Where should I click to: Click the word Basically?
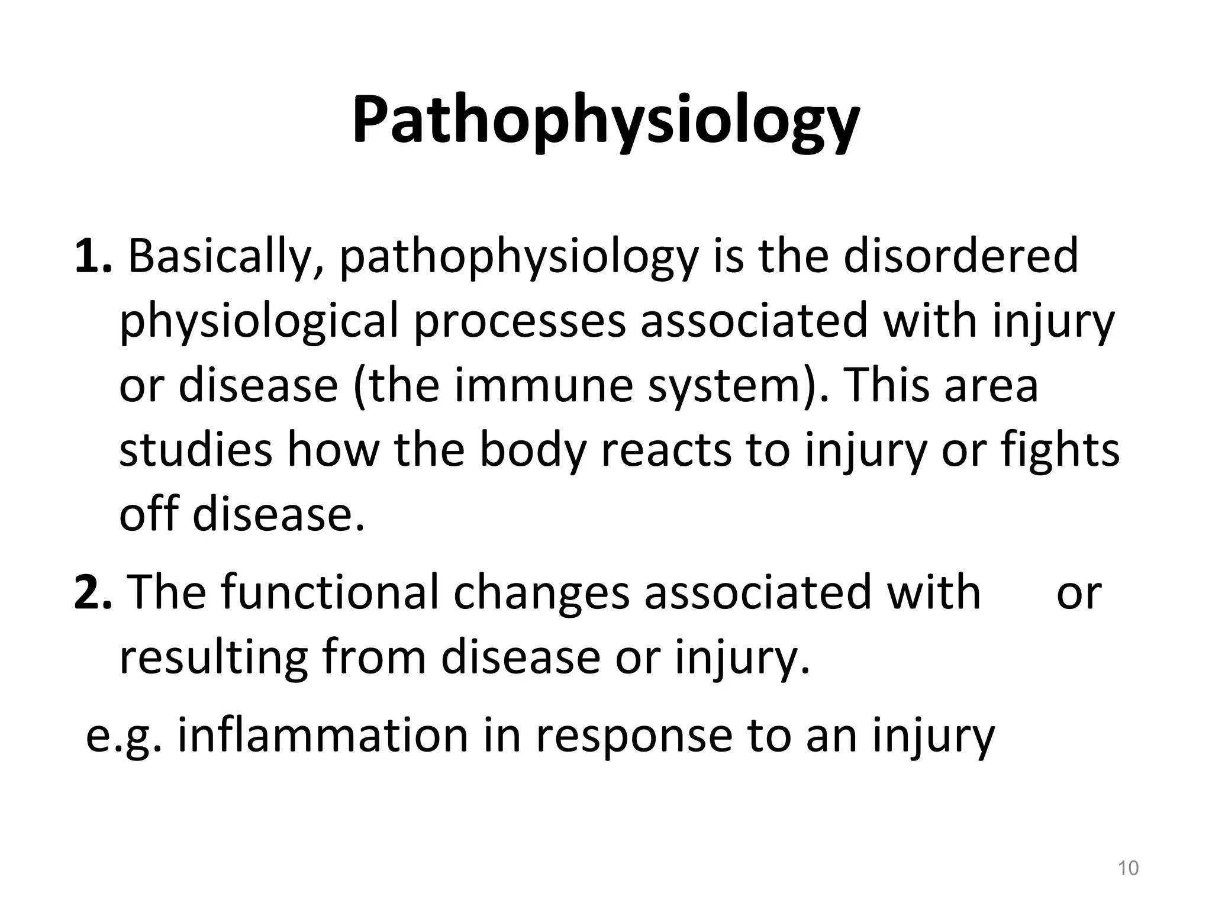point(225,257)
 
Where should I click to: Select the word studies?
point(196,450)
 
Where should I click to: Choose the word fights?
point(1060,450)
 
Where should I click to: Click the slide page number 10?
point(1128,868)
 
